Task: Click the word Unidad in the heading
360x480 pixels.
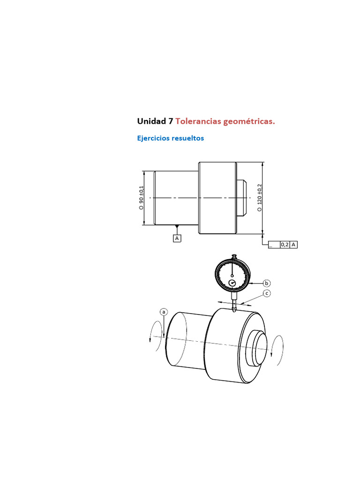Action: [x=151, y=121]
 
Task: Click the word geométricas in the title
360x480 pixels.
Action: [x=249, y=122]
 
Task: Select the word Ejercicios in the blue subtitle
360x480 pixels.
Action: [x=153, y=138]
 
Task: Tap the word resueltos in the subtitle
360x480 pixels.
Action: [x=187, y=138]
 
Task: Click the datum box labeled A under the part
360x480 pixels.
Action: [x=177, y=238]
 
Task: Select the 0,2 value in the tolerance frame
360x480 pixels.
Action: [x=285, y=245]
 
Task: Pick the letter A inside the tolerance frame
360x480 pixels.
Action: [x=293, y=245]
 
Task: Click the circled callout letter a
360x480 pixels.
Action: [x=164, y=312]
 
